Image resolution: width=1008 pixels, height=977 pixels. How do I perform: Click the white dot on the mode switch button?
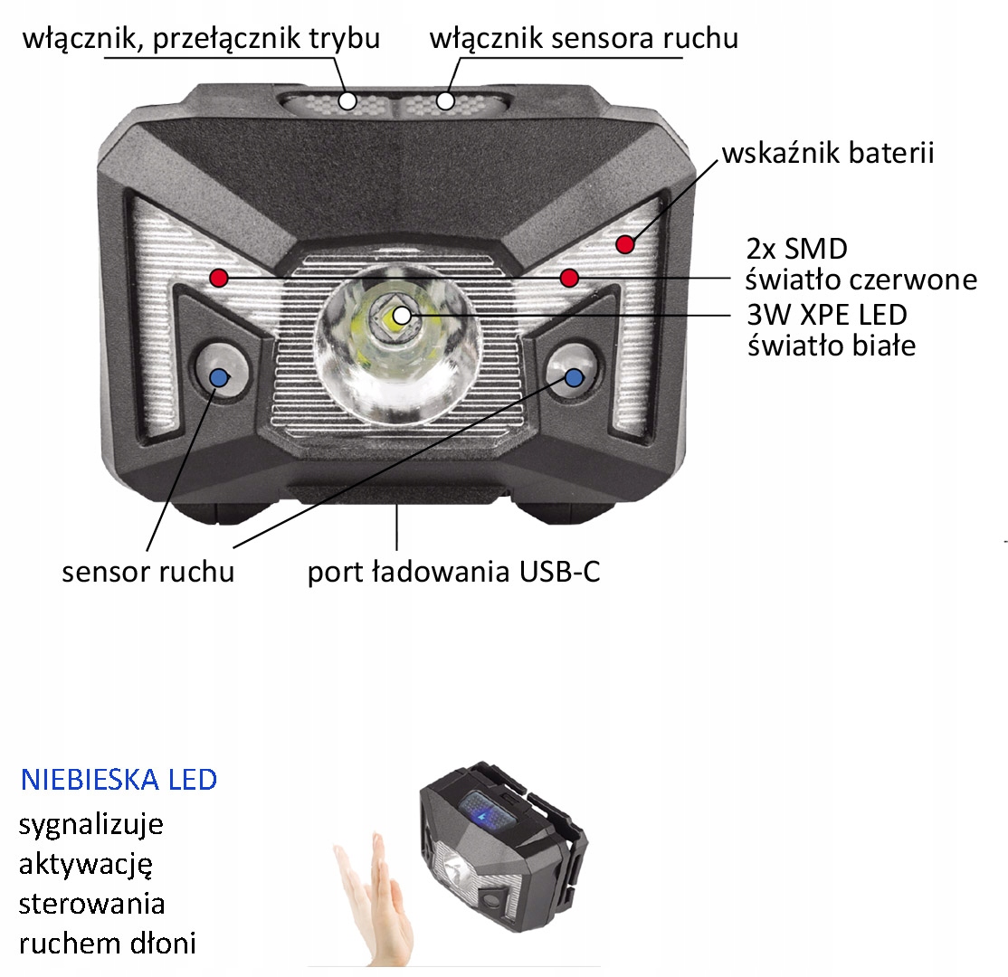(347, 101)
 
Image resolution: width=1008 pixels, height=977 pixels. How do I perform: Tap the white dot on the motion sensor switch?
(445, 101)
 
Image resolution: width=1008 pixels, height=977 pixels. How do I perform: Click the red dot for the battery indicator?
(625, 244)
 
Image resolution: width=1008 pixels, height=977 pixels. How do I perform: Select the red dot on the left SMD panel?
(219, 278)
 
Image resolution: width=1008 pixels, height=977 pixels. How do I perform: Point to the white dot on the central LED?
(402, 316)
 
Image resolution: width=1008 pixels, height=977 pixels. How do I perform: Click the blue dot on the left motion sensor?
(219, 377)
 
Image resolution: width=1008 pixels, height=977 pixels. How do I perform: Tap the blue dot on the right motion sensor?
(574, 377)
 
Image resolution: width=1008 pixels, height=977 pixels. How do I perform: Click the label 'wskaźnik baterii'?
(827, 154)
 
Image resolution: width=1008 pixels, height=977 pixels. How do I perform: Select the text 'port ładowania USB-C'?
(454, 572)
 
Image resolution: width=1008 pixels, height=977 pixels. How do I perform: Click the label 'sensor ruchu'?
(147, 572)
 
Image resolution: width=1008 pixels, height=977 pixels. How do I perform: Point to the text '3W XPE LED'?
(827, 315)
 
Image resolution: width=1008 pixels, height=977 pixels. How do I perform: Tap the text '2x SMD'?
(797, 249)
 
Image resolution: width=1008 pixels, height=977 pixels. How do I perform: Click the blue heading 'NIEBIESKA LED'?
(119, 780)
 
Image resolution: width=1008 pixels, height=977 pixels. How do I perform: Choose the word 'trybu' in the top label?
(344, 39)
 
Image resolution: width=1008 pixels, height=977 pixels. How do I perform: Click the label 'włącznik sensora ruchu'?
(584, 38)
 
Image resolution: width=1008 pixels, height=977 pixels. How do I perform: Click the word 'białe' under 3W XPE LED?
(885, 346)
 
